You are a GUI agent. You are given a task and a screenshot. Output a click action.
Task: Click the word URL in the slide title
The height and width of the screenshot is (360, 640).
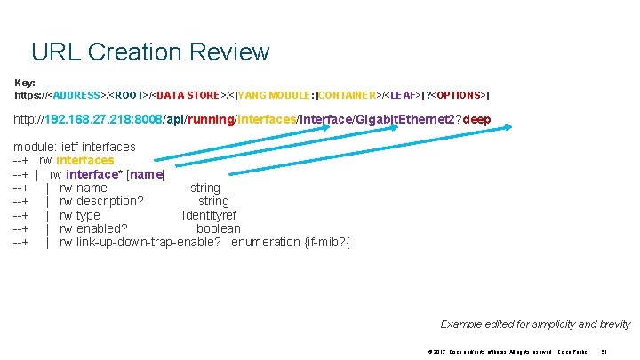click(x=55, y=52)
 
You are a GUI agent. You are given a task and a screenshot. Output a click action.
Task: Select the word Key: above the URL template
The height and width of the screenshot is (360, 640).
click(x=25, y=82)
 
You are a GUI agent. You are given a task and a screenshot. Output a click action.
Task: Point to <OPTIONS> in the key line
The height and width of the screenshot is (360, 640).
click(x=455, y=94)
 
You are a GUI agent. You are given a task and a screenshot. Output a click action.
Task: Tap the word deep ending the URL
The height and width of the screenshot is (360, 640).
click(x=474, y=119)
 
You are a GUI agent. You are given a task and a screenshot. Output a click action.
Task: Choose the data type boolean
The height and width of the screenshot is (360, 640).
click(x=218, y=228)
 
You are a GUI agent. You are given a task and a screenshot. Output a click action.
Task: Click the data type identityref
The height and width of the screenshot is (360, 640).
click(x=210, y=215)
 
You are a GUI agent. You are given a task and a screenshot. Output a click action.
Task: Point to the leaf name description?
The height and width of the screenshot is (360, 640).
click(x=110, y=202)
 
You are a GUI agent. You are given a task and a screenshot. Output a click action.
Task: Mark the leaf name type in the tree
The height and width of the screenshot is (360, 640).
click(x=89, y=215)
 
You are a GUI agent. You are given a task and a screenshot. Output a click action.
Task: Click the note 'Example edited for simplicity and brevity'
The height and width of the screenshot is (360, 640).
click(x=535, y=324)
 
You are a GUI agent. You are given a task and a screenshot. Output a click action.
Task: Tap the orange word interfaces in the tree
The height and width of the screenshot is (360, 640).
click(x=84, y=161)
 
